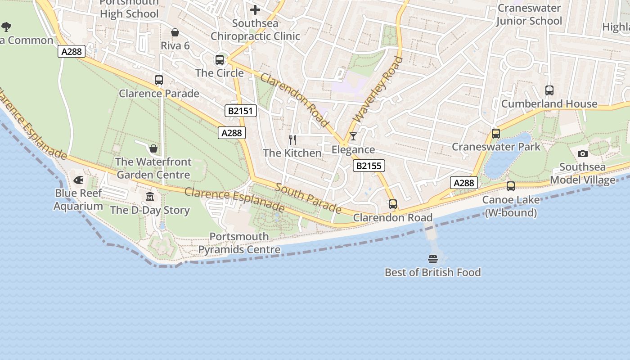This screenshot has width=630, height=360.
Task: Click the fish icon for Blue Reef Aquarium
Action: point(78,180)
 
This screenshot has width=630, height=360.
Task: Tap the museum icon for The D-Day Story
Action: point(150,197)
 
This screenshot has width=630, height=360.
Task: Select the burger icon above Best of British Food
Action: point(433,259)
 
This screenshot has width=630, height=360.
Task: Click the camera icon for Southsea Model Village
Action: point(583,154)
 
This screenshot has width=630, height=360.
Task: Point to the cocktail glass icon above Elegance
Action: point(353,136)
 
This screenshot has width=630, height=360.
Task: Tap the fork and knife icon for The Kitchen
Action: point(292,139)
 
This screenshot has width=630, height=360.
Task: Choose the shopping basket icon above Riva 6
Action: point(175,32)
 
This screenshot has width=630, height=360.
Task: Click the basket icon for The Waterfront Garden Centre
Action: point(153,148)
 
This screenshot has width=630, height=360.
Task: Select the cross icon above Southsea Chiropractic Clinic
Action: point(255,10)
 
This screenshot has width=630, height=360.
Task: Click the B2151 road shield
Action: point(241,111)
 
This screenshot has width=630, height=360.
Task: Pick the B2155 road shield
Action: point(369,166)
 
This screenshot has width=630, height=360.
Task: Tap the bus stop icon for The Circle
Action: point(220,59)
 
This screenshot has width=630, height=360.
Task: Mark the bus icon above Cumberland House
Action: point(549,90)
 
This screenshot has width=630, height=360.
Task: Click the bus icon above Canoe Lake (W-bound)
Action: point(511,186)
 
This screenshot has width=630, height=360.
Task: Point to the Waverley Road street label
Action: point(378,89)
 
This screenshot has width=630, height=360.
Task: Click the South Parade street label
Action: point(308,198)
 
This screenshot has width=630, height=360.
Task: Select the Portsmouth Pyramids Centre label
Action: point(239,243)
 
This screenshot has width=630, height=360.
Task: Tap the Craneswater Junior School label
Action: point(529,14)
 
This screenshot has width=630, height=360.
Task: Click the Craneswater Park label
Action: point(496,147)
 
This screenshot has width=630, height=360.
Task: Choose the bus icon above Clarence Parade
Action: point(159,80)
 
